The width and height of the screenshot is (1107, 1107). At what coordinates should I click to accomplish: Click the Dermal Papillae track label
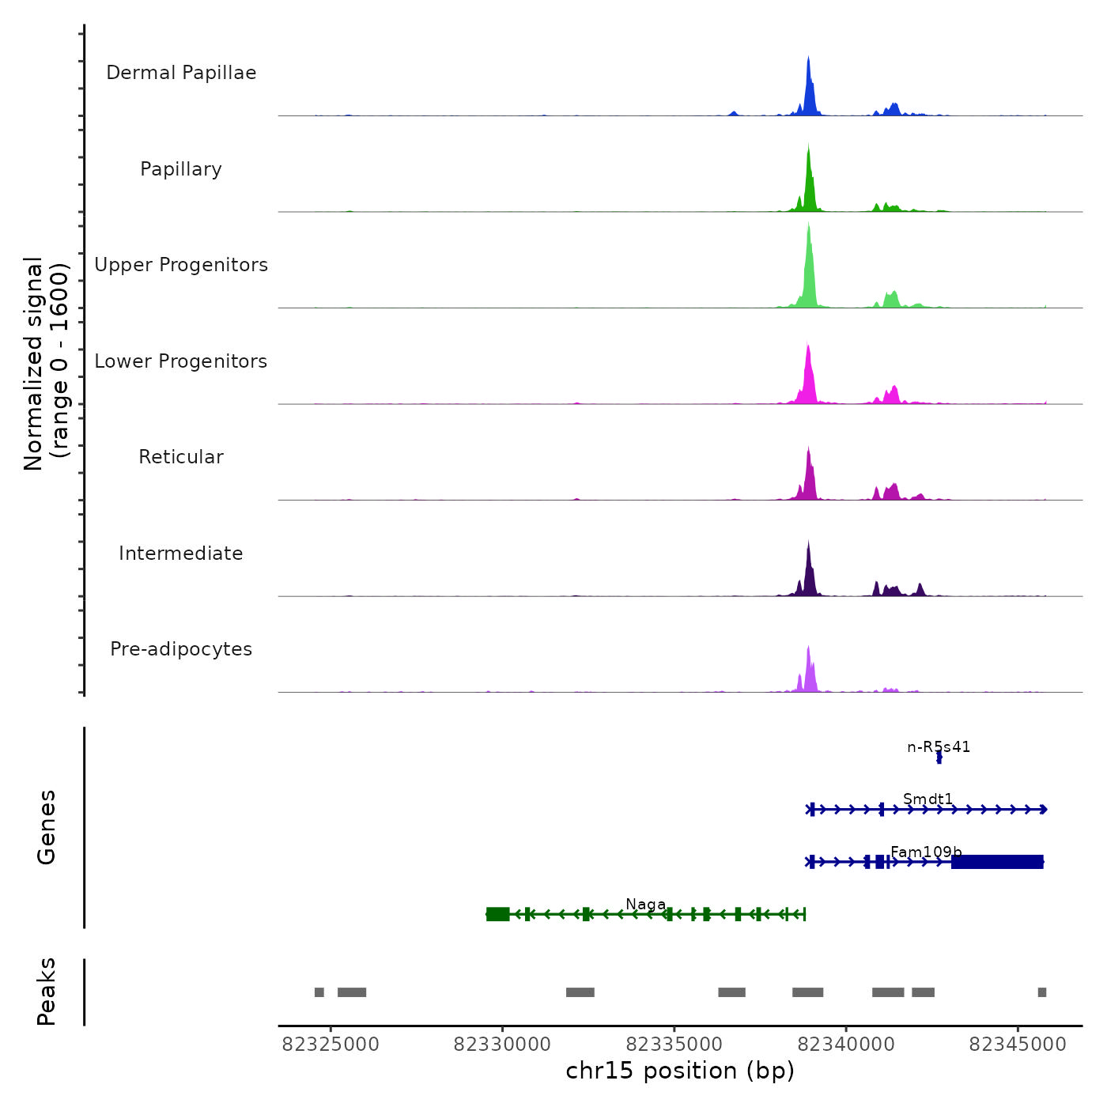click(x=181, y=73)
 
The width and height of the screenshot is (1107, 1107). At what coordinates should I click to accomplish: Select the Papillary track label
click(x=181, y=169)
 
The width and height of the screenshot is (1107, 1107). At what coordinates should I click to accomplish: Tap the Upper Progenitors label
click(x=181, y=265)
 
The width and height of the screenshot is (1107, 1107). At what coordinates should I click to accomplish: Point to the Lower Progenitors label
click(x=181, y=361)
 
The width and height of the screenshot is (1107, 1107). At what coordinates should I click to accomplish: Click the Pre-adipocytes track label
click(x=181, y=649)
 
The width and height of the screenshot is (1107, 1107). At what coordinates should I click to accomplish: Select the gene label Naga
click(x=645, y=905)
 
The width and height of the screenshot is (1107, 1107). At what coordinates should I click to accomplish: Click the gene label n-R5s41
click(x=939, y=747)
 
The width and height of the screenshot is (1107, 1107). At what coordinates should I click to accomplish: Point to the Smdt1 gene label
click(x=928, y=799)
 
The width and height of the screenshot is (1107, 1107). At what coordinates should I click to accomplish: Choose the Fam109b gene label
click(x=926, y=852)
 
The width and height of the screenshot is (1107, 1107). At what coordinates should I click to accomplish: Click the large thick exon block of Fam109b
click(x=997, y=862)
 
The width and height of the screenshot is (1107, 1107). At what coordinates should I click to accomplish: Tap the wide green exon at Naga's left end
click(x=498, y=914)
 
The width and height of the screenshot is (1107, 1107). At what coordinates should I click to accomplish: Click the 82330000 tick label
click(x=502, y=1045)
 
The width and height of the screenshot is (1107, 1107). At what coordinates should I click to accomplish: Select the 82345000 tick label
click(x=1018, y=1045)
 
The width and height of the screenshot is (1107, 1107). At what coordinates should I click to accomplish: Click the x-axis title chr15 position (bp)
click(x=680, y=1071)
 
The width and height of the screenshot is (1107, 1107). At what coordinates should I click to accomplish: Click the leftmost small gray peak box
click(x=319, y=992)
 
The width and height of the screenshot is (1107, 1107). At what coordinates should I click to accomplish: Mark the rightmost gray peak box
click(x=1042, y=992)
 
